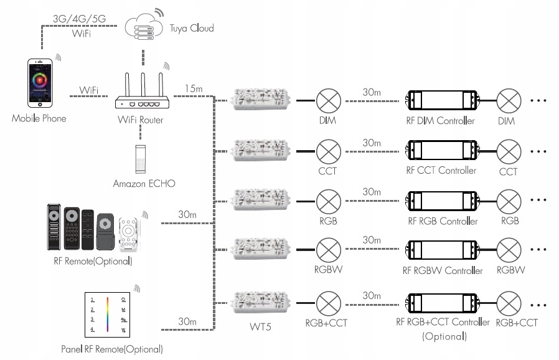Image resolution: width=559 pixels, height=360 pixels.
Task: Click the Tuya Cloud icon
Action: pyautogui.click(x=143, y=28)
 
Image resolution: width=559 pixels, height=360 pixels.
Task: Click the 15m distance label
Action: pyautogui.click(x=194, y=88)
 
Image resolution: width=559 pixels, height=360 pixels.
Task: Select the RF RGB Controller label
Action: pyautogui.click(x=443, y=221)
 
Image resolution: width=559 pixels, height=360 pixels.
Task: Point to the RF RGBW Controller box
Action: pyautogui.click(x=442, y=251)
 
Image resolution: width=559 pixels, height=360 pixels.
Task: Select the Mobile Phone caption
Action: pyautogui.click(x=39, y=118)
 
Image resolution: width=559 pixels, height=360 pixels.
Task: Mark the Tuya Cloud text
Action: pyautogui.click(x=192, y=28)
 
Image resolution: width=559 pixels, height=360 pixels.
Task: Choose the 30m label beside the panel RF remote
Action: pyautogui.click(x=187, y=321)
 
